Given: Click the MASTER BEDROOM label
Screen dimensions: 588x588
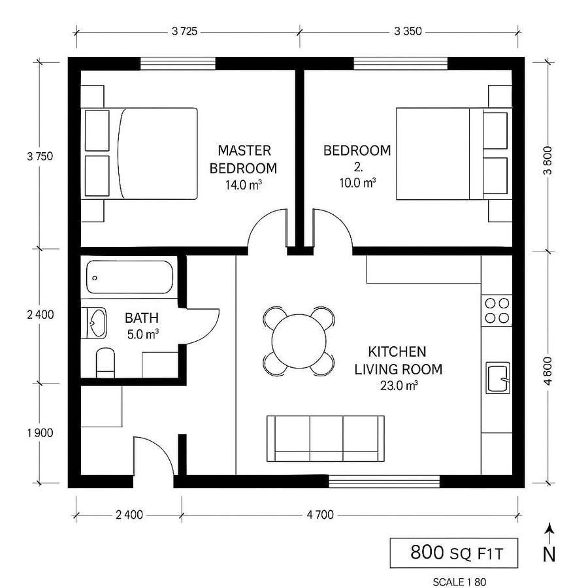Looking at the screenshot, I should coord(242,159).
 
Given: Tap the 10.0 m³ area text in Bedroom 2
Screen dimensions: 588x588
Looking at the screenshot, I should coord(357,184).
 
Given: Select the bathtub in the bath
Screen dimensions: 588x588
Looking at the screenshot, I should coord(130,278).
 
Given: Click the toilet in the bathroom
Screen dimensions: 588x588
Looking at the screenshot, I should coord(105,363).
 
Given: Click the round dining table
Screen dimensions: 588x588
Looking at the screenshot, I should coord(299,341).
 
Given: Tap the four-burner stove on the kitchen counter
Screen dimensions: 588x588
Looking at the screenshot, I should coord(497,311).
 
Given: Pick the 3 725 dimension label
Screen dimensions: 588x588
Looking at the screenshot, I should coord(185,31).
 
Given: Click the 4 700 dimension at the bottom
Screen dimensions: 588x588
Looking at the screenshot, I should coord(320,515).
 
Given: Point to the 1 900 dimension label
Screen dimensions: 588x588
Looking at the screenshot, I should coord(40,433).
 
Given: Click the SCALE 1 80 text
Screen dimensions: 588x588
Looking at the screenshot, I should coord(459,581).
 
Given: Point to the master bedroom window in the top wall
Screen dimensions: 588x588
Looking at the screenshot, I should coord(178,63).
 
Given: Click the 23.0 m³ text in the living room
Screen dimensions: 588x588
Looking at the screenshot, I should coord(399,385).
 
